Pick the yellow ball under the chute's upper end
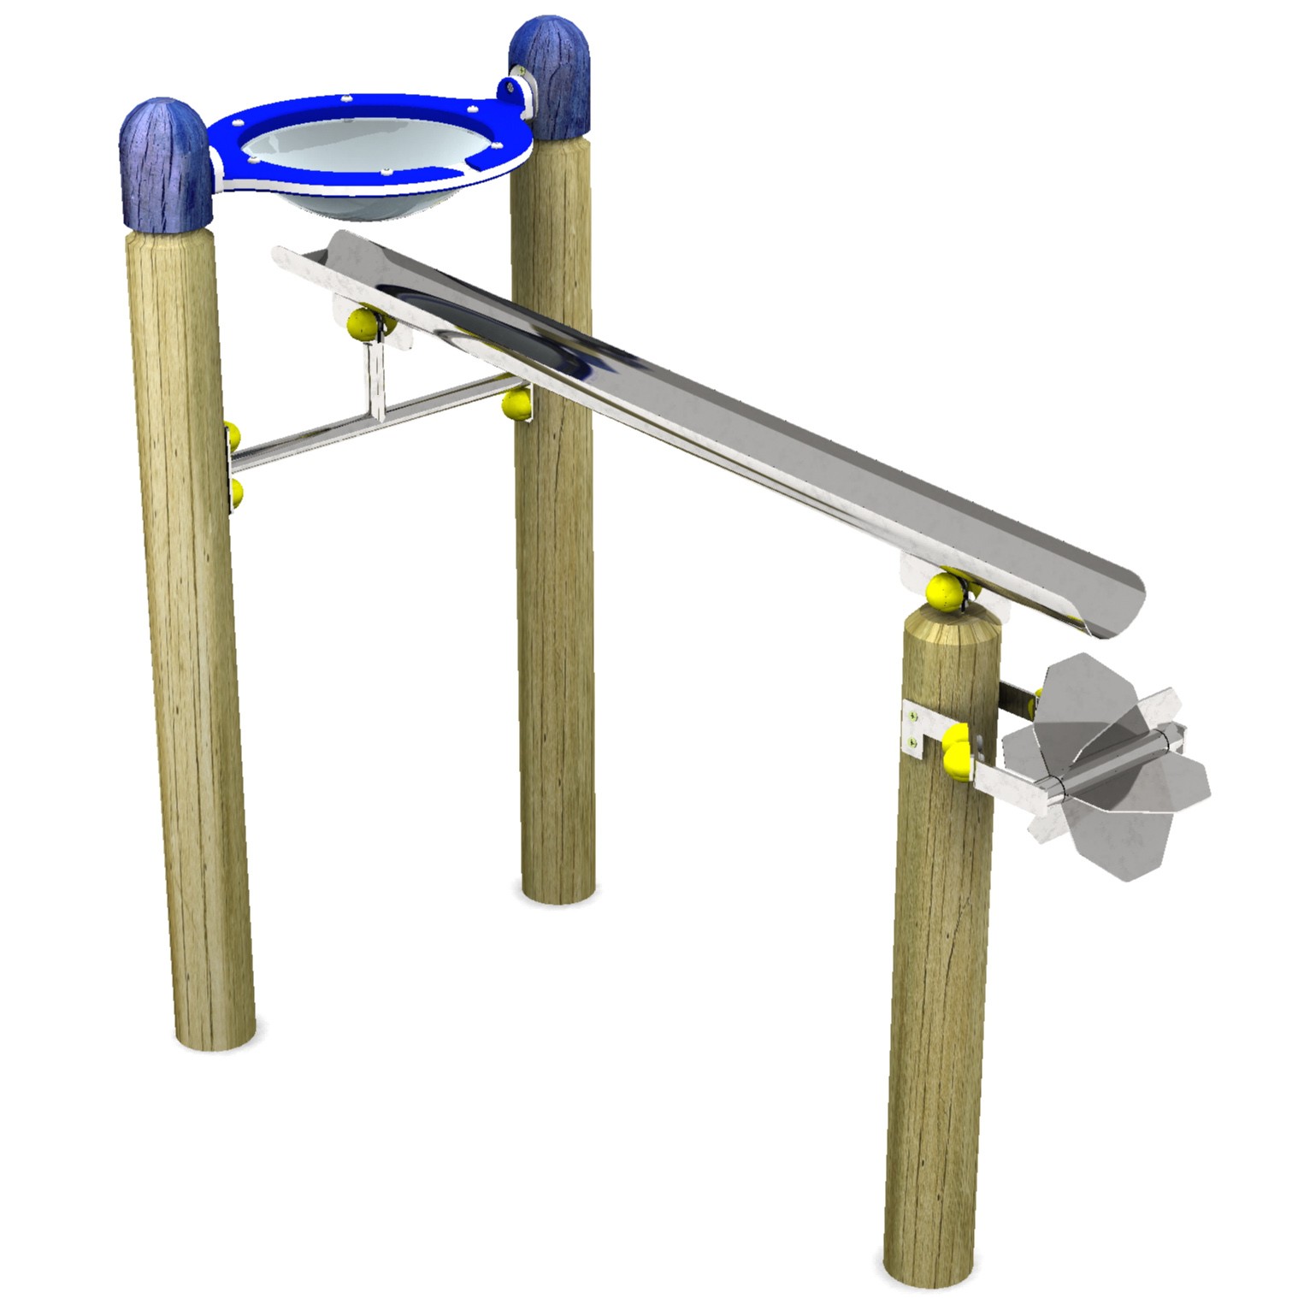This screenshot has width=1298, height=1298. point(363,324)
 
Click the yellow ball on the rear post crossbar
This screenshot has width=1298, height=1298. point(516,404)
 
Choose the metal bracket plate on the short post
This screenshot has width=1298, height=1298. point(916,729)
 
